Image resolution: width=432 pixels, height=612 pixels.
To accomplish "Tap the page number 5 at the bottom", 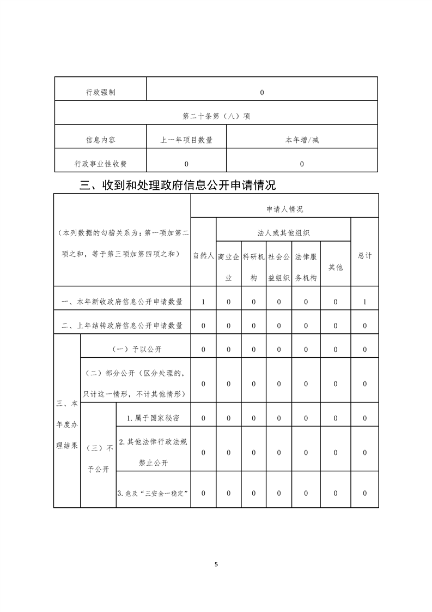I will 216,564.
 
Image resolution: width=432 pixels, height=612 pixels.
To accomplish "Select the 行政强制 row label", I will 101,93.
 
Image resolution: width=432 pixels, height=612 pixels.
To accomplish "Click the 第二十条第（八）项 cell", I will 216,116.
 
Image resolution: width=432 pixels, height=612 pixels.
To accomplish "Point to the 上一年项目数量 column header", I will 186,140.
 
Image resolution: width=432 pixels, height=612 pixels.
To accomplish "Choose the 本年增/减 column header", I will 302,140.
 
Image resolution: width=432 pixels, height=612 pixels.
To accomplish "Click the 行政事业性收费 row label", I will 101,164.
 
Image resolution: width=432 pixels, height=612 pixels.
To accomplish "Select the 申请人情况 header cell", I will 284,209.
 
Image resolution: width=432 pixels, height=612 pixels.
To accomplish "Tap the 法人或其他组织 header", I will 283,233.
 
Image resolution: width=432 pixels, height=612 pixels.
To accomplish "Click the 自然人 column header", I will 203,255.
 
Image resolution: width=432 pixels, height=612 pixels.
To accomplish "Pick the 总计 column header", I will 364,255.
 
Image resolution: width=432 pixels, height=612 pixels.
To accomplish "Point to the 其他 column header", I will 336,267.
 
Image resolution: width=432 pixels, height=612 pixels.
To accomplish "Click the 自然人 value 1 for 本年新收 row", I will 203,302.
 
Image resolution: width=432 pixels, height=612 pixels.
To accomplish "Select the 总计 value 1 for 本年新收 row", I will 364,302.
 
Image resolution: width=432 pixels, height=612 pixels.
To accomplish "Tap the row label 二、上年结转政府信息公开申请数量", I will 122,326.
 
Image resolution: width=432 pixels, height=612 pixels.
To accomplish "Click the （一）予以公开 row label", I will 136,349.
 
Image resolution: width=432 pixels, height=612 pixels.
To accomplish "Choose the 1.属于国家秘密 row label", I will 153,418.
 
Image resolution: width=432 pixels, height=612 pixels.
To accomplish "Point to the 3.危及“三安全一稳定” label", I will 153,493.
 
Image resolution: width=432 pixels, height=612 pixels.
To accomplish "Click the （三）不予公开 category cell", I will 99,458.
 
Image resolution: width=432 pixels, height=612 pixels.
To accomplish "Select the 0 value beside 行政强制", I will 262,93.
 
